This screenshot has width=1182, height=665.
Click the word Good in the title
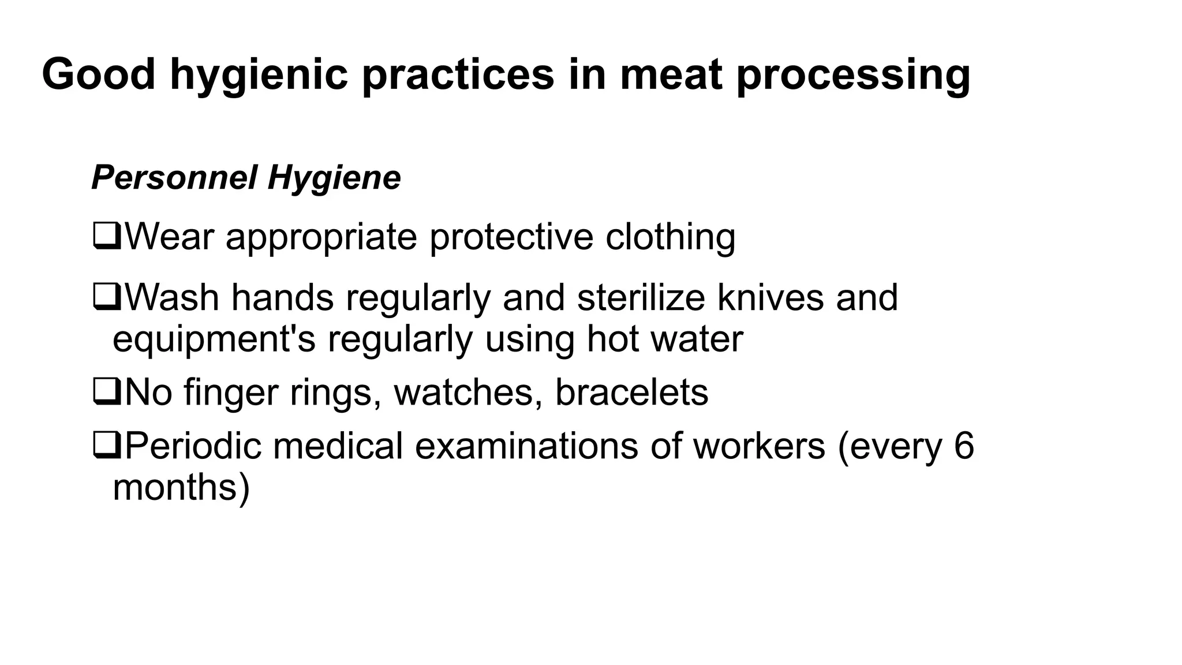[x=99, y=74]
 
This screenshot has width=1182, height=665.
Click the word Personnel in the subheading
[x=174, y=177]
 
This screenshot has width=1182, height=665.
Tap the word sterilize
[x=641, y=298]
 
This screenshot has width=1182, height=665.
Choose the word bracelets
[x=631, y=393]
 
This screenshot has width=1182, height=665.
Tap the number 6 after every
[x=963, y=446]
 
